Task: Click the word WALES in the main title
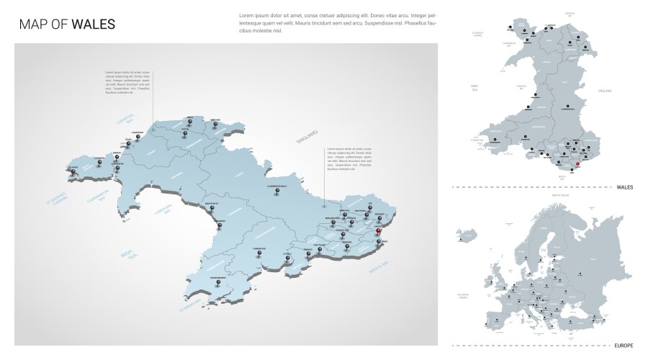94,24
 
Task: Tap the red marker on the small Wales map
578,165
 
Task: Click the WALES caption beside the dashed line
624,187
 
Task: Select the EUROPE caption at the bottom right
624,346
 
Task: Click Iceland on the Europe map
469,235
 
